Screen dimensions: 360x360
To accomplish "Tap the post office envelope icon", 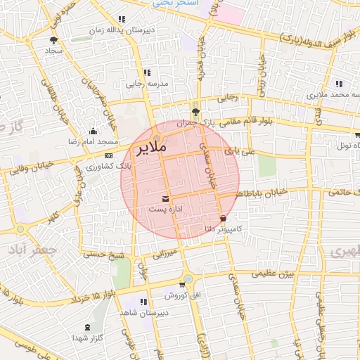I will pyautogui.click(x=165, y=198).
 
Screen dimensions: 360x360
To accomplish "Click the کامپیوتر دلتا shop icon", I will pyautogui.click(x=223, y=219).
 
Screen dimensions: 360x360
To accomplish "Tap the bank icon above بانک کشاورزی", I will pyautogui.click(x=108, y=155).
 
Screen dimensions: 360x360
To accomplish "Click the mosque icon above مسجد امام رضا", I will pyautogui.click(x=94, y=131).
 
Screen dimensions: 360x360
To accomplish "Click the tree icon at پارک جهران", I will pyautogui.click(x=195, y=112).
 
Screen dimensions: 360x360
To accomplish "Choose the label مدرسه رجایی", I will pyautogui.click(x=145, y=83).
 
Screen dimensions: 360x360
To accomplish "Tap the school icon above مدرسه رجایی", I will pyautogui.click(x=146, y=72).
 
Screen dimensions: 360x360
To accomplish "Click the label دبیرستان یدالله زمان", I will pyautogui.click(x=123, y=30).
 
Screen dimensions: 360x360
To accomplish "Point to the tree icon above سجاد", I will pyautogui.click(x=54, y=40).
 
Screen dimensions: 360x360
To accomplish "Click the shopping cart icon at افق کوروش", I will pyautogui.click(x=182, y=285).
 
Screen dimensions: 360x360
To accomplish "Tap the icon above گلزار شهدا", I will pyautogui.click(x=87, y=328).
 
